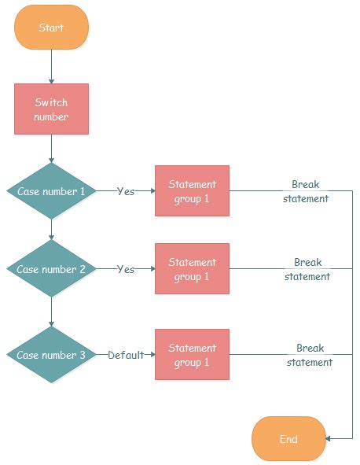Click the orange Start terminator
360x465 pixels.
pyautogui.click(x=51, y=28)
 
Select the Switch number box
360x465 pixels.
pyautogui.click(x=51, y=109)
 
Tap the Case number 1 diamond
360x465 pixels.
pyautogui.click(x=51, y=191)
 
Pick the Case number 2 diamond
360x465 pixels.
pyautogui.click(x=51, y=268)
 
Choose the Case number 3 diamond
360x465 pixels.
pyautogui.click(x=51, y=355)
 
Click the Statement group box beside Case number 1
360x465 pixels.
pyautogui.click(x=192, y=191)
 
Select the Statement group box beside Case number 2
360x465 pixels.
pyautogui.click(x=192, y=269)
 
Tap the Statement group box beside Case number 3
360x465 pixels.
pyautogui.click(x=192, y=355)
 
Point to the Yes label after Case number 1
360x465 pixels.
pyautogui.click(x=126, y=191)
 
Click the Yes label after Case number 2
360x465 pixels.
pyautogui.click(x=126, y=269)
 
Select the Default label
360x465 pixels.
pyautogui.click(x=126, y=355)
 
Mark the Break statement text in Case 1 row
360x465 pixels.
pyautogui.click(x=306, y=191)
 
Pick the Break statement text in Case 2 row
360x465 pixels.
pyautogui.click(x=307, y=269)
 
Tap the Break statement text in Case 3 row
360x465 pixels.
pyautogui.click(x=310, y=355)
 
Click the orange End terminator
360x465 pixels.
pyautogui.click(x=288, y=438)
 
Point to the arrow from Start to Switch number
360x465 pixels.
pyautogui.click(x=51, y=67)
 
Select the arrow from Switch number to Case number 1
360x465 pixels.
pyautogui.click(x=51, y=148)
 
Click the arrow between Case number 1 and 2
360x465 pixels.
pyautogui.click(x=51, y=230)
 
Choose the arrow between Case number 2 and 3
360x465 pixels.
pyautogui.click(x=51, y=312)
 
